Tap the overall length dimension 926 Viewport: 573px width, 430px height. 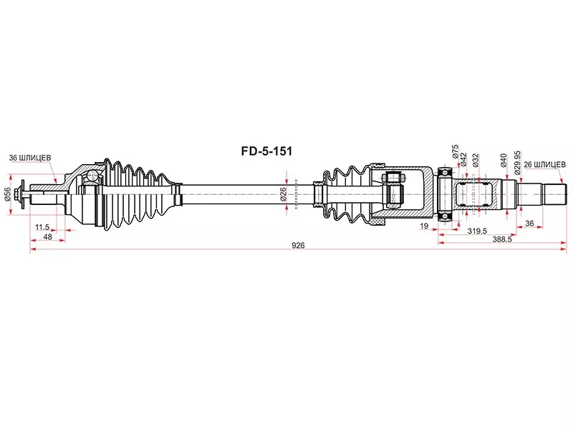tap(297, 245)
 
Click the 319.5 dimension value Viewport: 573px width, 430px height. tap(478, 231)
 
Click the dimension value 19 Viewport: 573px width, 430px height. tap(425, 226)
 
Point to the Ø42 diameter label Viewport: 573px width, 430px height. tap(465, 158)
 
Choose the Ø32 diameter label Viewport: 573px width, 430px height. tap(476, 159)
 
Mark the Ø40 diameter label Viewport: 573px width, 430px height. tap(504, 159)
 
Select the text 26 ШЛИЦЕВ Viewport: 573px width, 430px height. tap(544, 164)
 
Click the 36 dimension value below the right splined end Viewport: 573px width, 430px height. tap(529, 223)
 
